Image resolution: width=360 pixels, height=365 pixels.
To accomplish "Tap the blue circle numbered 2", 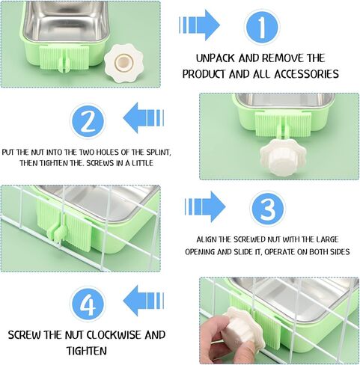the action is click(x=88, y=122).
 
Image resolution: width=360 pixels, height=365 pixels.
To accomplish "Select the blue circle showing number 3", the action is click(x=267, y=209).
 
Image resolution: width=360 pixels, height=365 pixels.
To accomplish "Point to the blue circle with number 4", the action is click(x=88, y=304).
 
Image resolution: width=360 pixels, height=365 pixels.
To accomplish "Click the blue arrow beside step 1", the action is click(x=199, y=25).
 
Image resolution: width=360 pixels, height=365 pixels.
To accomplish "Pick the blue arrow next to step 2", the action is click(x=144, y=118).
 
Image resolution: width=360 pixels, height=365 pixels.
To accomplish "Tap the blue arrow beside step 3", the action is click(x=205, y=206).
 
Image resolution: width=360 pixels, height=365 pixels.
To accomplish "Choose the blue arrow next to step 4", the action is click(x=144, y=301).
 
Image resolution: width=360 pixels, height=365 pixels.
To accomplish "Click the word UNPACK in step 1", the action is click(x=216, y=58).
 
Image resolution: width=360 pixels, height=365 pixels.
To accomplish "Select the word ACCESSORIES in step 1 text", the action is click(x=306, y=74).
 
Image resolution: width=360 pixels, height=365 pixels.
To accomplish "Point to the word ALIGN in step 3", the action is click(x=207, y=239).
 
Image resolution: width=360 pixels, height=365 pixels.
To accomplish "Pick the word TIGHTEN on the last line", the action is click(x=87, y=351).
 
